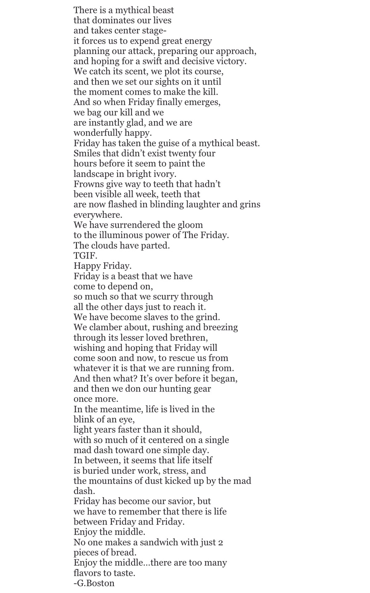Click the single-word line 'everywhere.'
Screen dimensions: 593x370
pyautogui.click(x=98, y=215)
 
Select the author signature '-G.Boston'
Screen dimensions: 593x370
pyautogui.click(x=94, y=583)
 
